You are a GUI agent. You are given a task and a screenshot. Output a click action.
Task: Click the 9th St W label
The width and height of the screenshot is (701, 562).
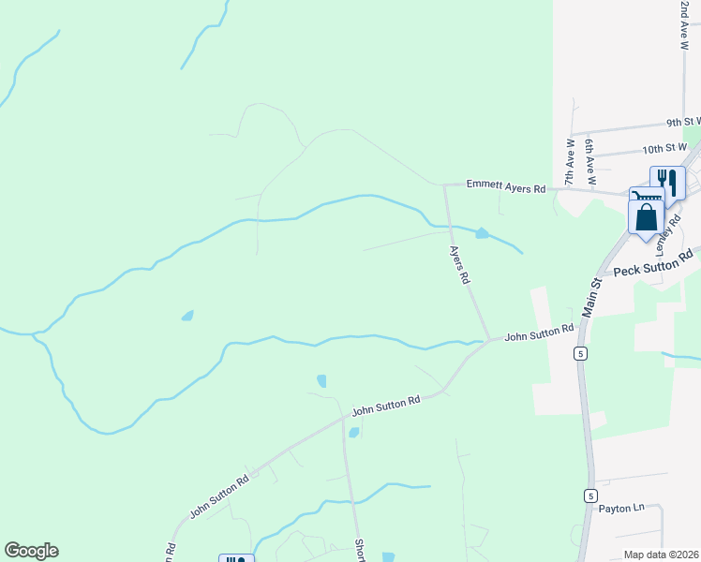[684, 122]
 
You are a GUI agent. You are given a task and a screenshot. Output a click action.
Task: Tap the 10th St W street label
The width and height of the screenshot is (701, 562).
[665, 149]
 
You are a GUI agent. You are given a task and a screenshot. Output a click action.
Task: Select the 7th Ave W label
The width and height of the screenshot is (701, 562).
[569, 162]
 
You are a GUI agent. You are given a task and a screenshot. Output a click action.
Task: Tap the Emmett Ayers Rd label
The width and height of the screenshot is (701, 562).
[507, 188]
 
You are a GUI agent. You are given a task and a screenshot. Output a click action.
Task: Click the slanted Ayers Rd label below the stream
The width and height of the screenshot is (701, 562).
[458, 265]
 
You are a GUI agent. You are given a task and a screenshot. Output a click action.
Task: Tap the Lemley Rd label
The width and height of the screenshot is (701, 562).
[665, 221]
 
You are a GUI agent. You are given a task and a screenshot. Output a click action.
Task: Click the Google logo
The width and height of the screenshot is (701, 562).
[31, 551]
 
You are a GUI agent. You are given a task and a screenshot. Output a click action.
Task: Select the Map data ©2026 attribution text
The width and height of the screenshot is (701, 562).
[661, 555]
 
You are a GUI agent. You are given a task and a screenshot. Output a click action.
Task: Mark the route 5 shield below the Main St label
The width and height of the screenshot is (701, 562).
[581, 353]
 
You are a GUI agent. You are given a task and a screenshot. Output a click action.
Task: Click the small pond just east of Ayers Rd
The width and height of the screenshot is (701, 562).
[482, 233]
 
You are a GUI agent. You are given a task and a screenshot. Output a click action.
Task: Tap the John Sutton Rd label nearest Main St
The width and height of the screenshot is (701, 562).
[539, 333]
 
